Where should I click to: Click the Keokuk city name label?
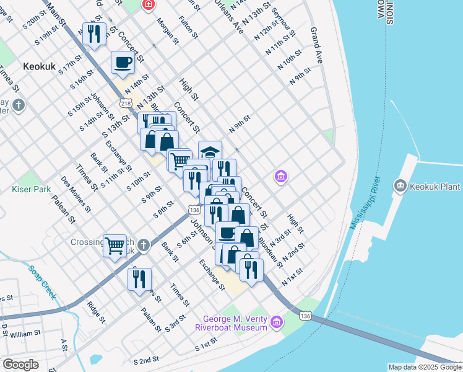(40, 65)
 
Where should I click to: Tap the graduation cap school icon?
(210, 151)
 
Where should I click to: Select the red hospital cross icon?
(149, 5)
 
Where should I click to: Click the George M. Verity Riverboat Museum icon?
(275, 321)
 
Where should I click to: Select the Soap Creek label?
(41, 282)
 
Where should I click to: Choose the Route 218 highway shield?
(126, 102)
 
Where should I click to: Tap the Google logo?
(20, 365)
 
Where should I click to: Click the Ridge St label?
(97, 312)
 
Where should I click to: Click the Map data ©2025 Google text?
(424, 367)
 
